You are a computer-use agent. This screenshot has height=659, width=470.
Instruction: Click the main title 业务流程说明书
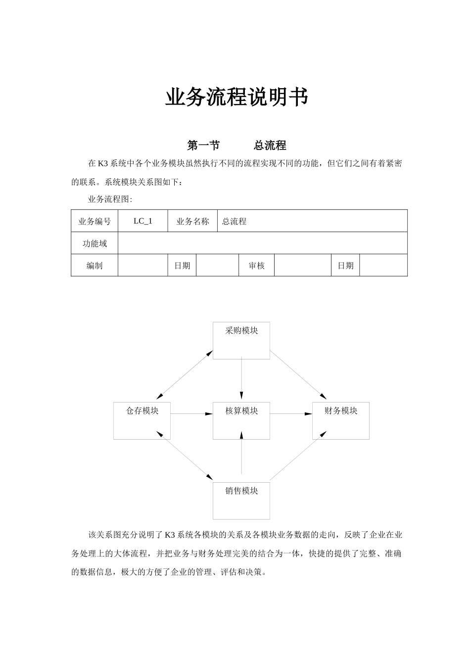click(x=236, y=97)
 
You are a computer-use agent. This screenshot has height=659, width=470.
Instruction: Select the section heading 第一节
click(x=203, y=146)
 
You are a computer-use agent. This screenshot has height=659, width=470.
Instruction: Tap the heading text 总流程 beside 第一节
click(x=270, y=146)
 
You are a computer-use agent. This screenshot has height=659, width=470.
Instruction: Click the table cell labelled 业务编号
click(x=94, y=221)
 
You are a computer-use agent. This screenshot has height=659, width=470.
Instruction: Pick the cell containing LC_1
click(x=143, y=221)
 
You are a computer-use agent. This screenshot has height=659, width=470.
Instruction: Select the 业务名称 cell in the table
click(x=192, y=221)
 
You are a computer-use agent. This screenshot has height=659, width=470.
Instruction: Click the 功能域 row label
click(x=94, y=244)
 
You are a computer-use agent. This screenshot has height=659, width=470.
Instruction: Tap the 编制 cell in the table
click(x=94, y=265)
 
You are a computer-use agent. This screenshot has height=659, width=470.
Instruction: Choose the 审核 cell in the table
click(x=256, y=265)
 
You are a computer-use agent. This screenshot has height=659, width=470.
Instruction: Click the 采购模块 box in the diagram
click(x=241, y=340)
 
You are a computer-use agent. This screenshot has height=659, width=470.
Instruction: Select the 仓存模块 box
click(x=142, y=420)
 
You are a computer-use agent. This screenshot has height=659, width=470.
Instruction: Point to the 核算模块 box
click(x=241, y=420)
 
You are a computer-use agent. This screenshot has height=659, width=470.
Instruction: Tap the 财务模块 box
click(x=341, y=420)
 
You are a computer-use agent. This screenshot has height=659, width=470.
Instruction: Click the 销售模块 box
click(x=241, y=501)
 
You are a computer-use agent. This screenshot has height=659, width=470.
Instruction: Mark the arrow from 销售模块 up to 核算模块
click(x=241, y=456)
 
